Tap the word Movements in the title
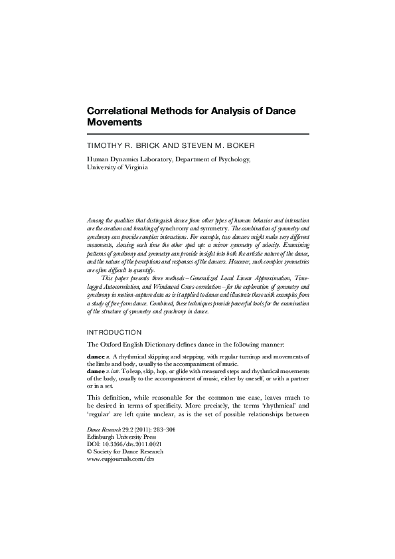pyautogui.click(x=114, y=123)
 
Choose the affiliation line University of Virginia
pyautogui.click(x=118, y=168)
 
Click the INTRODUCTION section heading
pyautogui.click(x=115, y=331)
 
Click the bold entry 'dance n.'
pyautogui.click(x=98, y=357)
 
